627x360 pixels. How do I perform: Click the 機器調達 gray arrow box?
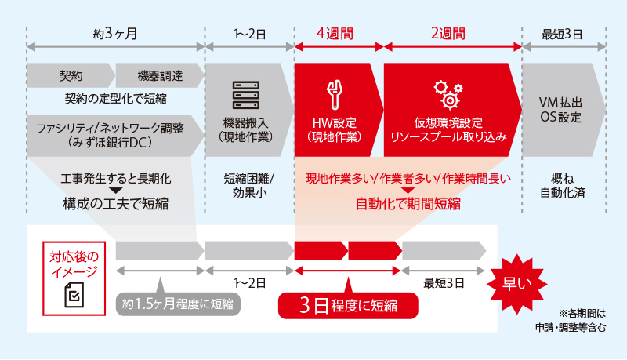coord(159,76)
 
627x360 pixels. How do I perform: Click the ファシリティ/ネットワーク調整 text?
coord(111,128)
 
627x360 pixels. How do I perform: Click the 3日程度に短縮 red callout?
coord(348,304)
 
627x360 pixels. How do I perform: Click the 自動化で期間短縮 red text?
coord(408,204)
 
